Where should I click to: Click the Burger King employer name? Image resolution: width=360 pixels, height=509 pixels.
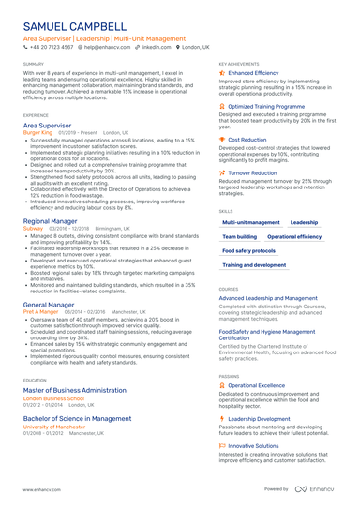pos(38,133)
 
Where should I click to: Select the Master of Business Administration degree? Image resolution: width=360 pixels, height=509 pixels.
pos(83,388)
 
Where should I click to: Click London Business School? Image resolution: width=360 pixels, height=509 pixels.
pos(60,397)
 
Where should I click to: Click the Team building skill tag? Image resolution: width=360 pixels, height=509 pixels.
pos(240,237)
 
